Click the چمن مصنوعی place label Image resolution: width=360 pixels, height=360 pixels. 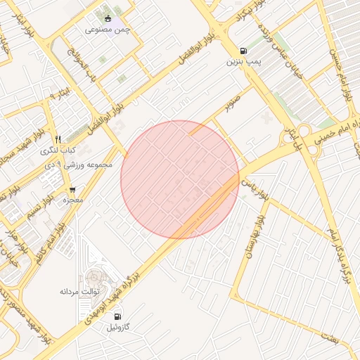(107, 30)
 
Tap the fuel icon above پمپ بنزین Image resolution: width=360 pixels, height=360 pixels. (243, 51)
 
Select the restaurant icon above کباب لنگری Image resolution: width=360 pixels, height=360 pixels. (58, 139)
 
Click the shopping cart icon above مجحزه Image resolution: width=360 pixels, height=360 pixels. (72, 190)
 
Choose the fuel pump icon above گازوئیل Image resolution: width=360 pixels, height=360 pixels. (117, 316)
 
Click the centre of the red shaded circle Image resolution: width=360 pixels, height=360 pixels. (180, 179)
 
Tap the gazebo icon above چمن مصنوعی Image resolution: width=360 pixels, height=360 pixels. (107, 19)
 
